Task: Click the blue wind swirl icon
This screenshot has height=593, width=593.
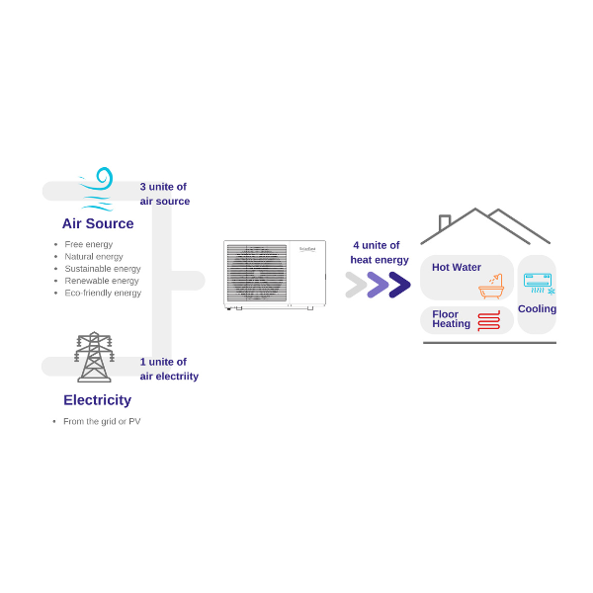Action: coord(97,188)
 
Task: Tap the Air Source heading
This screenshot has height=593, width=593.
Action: coord(98,223)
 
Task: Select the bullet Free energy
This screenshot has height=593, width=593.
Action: coord(89,244)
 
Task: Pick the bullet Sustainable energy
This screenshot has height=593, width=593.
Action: coord(103,269)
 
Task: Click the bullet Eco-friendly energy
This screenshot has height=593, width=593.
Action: coord(103,293)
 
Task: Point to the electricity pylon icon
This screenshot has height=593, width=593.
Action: coord(94,357)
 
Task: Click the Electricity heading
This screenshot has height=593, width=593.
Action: coord(97,400)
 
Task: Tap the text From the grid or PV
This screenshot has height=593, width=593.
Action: coord(102,421)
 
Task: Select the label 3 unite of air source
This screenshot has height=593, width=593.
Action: coord(164,194)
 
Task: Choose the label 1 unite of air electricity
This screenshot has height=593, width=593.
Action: coord(168,369)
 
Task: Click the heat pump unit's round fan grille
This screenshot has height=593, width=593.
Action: coord(257,273)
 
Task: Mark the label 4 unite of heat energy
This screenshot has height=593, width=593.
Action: coord(380,252)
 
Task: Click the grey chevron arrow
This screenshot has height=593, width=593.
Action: coord(356,285)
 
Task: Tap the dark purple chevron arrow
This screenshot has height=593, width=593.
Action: coord(399,285)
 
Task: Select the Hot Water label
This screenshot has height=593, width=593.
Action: coord(457,267)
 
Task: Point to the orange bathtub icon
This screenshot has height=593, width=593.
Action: coord(491,287)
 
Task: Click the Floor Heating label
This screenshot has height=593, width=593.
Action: coord(451,319)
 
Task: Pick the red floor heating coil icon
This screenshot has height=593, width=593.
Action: coord(488,320)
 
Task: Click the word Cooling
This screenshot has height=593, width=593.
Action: coord(537,308)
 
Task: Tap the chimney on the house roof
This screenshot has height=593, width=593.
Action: coord(445,222)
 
